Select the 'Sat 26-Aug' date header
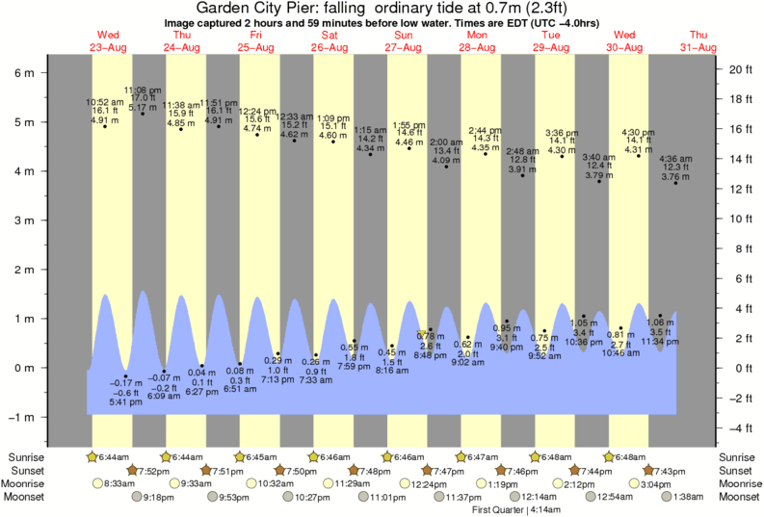point(329,40)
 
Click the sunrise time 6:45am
point(256,456)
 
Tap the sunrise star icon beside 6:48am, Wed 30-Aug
point(610,456)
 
